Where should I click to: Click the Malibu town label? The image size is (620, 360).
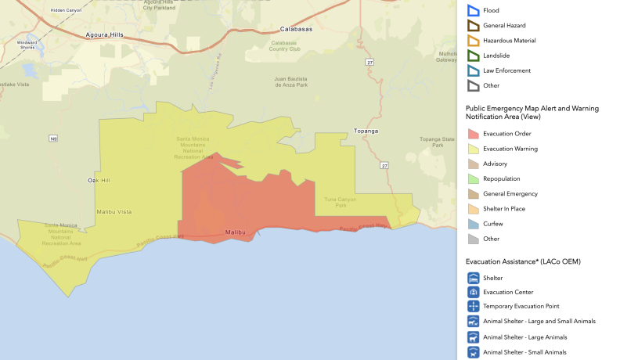(x=235, y=232)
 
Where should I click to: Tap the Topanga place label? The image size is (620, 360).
(x=366, y=131)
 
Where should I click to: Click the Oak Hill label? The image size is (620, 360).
(x=99, y=180)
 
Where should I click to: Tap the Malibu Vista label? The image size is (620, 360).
(x=114, y=211)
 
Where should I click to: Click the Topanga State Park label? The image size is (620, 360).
(x=437, y=142)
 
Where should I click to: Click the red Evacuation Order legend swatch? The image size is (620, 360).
(x=473, y=134)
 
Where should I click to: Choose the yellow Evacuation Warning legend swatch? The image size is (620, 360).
(x=473, y=149)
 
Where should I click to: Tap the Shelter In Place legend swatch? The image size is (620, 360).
(x=473, y=209)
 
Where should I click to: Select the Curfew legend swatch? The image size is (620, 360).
(x=473, y=224)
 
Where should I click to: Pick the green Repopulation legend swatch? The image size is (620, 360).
(x=473, y=179)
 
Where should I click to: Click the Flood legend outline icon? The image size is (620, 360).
(x=473, y=10)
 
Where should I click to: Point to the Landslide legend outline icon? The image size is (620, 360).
(x=473, y=56)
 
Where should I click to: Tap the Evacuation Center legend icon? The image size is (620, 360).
(x=473, y=292)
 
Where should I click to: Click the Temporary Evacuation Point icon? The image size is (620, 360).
(x=473, y=307)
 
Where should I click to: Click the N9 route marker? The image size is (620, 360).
(x=53, y=139)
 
